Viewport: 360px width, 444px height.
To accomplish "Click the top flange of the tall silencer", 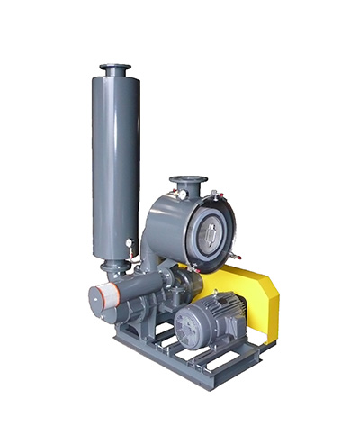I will pos(115,68).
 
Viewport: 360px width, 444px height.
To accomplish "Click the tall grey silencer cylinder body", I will pos(115,162).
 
